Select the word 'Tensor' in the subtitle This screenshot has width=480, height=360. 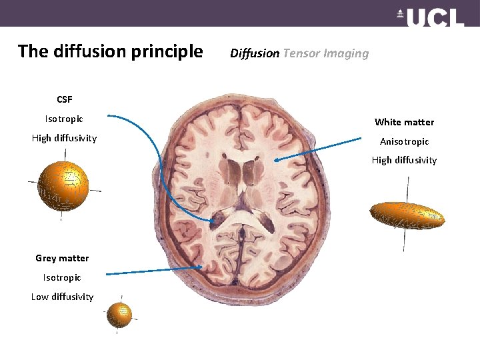point(301,53)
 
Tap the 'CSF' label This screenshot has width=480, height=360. point(64,99)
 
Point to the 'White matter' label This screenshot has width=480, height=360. point(404,122)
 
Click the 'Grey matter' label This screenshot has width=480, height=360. point(62,258)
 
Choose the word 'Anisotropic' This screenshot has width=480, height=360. point(404,141)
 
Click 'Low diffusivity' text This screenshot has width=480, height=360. point(62,297)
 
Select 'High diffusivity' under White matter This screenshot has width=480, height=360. point(404,160)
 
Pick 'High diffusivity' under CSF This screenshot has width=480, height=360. point(64,138)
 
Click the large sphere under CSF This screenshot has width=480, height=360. point(63,185)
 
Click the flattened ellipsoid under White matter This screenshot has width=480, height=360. point(407,214)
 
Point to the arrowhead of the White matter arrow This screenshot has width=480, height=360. point(275,159)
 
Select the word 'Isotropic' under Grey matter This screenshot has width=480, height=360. point(62,277)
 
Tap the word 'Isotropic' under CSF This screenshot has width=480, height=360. point(64,119)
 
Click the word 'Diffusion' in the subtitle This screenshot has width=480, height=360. point(255,53)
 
